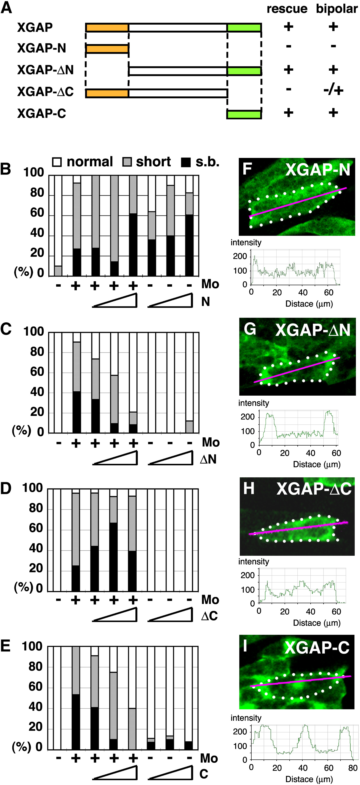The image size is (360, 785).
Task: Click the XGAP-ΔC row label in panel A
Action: coord(45,92)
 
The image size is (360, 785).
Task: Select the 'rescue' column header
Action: coord(287,9)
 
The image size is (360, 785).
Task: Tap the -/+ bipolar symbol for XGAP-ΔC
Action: coord(333,90)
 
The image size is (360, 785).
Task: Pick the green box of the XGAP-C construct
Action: coord(244,114)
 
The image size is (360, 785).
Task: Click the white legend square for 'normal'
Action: coord(57,162)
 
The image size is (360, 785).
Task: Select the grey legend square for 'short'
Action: coord(127,162)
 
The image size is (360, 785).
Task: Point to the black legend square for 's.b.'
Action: coord(186,162)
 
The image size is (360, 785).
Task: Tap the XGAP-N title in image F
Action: coord(318,170)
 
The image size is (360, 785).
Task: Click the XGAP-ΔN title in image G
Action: coord(313,330)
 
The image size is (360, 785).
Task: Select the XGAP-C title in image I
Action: coord(317,648)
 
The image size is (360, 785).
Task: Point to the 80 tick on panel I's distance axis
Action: coord(353,768)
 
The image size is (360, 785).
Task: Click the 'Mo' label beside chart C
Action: coord(211,442)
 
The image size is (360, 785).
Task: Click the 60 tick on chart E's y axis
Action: coord(35,687)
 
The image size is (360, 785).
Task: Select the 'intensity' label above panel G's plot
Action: coord(253,403)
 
